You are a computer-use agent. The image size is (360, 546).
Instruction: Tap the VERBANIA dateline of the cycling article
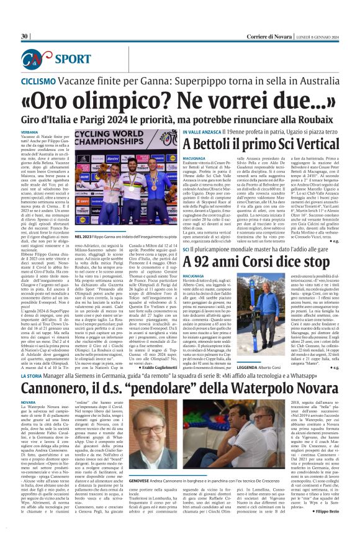point(29,132)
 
